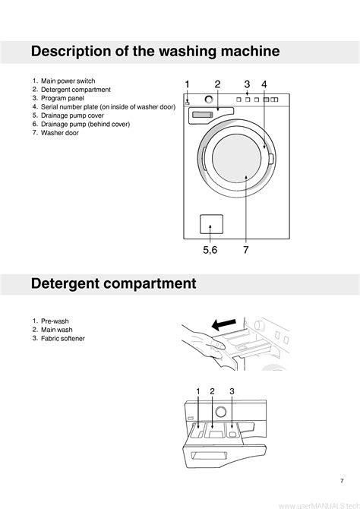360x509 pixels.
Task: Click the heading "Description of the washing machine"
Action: (155, 52)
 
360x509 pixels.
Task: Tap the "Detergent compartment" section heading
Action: (114, 283)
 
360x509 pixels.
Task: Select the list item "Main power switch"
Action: (68, 81)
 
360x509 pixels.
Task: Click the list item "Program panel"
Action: (62, 98)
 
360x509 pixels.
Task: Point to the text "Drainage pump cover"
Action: (72, 115)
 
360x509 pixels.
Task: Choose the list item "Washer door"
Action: (60, 132)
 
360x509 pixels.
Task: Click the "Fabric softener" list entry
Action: (62, 338)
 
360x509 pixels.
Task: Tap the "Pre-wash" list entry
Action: (55, 321)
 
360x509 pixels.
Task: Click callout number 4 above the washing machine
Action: (264, 84)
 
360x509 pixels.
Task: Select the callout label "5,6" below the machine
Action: (210, 250)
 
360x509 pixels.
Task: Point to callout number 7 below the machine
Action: (246, 250)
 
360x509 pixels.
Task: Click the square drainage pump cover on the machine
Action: (211, 224)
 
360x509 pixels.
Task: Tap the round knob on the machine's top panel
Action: (209, 100)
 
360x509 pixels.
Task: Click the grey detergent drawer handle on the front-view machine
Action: (202, 115)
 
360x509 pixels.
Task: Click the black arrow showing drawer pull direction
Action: (223, 324)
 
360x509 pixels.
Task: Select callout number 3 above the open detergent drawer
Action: (232, 391)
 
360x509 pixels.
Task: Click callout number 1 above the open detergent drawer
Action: (198, 391)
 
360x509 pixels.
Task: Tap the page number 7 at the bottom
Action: (342, 481)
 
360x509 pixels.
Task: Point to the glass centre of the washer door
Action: (236, 158)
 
